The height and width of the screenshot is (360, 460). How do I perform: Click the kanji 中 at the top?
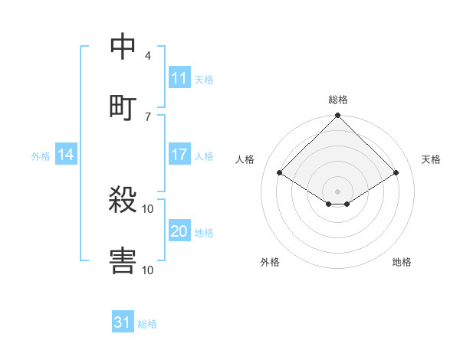point(123,47)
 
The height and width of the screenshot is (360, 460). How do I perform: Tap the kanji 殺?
point(123,201)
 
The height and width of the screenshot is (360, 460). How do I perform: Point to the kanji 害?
point(123,260)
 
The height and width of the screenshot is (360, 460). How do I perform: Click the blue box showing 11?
point(179,78)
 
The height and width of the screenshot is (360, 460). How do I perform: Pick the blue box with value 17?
point(179,155)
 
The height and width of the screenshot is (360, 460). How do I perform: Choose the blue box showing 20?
point(179,231)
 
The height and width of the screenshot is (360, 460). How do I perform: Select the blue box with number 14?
point(66,155)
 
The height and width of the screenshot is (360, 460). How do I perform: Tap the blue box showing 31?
point(123,322)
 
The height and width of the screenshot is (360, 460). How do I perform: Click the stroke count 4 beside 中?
point(148,55)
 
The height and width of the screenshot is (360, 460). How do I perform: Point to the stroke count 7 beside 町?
point(148,116)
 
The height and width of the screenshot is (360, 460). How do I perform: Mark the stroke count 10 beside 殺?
point(148,208)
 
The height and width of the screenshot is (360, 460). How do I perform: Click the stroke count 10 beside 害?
point(148,269)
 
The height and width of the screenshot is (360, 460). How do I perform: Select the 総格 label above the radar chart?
point(338,100)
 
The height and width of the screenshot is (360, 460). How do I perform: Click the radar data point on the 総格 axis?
point(338,116)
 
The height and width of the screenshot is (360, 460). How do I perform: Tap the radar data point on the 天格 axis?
point(396,173)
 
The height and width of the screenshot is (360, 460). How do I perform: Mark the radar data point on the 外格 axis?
point(329,204)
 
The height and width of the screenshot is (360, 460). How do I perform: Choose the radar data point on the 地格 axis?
point(347,204)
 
